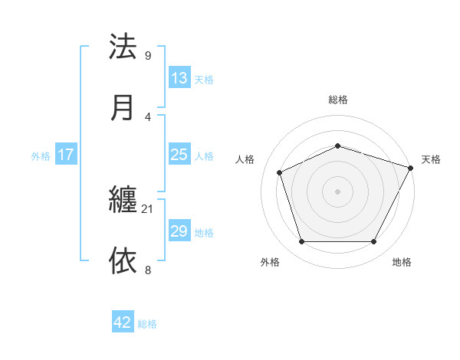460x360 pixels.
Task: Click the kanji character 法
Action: point(123,47)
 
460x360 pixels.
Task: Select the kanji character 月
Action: point(123,107)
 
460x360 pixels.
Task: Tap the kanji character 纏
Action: point(123,201)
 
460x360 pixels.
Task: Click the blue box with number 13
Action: point(179,78)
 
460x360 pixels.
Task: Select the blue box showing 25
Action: point(179,155)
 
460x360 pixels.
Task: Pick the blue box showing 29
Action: point(179,231)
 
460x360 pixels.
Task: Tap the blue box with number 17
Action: point(66,155)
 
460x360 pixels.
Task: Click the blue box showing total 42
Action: point(123,322)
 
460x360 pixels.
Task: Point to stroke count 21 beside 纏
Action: point(148,209)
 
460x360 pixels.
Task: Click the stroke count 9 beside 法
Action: point(148,56)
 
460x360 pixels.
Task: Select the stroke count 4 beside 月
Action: point(148,116)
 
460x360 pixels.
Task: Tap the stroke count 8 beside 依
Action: point(148,270)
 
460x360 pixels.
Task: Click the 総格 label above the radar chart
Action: point(338,100)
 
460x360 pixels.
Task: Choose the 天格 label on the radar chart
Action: point(431,159)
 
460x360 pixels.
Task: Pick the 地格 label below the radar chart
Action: point(402,262)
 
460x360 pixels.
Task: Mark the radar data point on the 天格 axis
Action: point(412,167)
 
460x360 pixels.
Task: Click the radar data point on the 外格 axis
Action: point(301,242)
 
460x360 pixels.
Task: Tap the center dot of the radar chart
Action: point(338,191)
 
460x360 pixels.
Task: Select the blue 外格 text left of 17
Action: point(41,156)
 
